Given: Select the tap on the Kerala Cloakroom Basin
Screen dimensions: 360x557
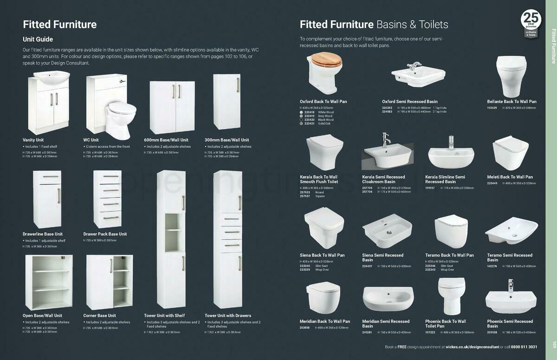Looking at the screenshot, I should tap(384, 139).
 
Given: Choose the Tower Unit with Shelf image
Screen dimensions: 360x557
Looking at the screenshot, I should tap(171, 239).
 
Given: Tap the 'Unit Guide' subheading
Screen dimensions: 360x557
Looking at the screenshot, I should tap(38, 39).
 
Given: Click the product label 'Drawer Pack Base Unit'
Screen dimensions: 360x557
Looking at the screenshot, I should tap(105, 234).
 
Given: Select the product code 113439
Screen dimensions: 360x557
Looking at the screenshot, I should tap(492, 108).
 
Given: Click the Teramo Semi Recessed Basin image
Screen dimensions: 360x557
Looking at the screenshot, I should tap(511, 231).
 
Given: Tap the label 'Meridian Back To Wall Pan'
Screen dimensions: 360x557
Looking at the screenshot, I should tap(325, 321).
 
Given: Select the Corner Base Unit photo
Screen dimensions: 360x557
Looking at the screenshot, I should tap(109, 282).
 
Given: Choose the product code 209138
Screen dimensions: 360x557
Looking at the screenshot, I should tap(492, 333).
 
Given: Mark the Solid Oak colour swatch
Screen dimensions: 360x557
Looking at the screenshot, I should tap(301, 124).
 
